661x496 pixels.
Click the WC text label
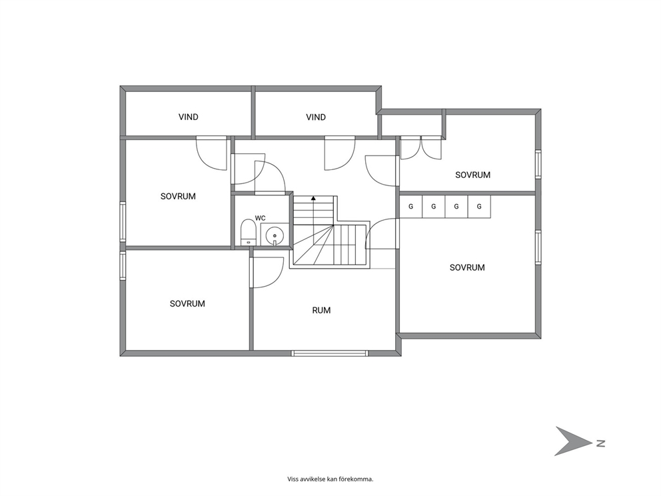click(x=260, y=218)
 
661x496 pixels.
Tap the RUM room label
click(x=321, y=311)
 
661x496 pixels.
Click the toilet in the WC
click(x=249, y=232)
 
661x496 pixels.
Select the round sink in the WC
click(x=275, y=235)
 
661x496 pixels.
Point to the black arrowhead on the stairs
click(x=313, y=197)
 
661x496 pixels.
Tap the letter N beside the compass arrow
click(x=601, y=443)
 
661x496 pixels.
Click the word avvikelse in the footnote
click(x=313, y=479)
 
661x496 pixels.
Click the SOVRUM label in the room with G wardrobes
click(x=467, y=267)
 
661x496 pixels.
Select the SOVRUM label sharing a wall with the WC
click(x=178, y=196)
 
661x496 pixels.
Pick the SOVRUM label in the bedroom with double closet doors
click(x=472, y=175)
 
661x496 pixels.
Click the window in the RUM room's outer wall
click(x=330, y=353)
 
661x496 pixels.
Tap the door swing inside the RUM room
click(x=267, y=273)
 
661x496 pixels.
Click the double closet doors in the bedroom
click(x=420, y=147)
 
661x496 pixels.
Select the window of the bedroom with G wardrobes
click(x=538, y=247)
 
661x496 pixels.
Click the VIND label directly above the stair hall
click(x=316, y=117)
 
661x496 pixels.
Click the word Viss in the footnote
click(x=293, y=479)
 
